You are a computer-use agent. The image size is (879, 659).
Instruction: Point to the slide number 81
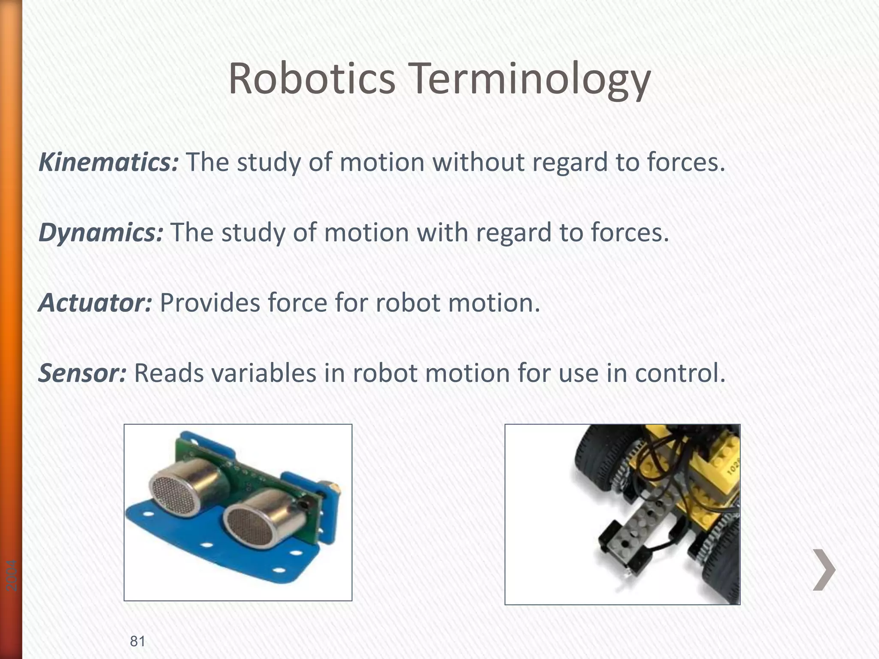pyautogui.click(x=137, y=641)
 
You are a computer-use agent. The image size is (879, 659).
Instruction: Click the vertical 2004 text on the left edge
pyautogui.click(x=12, y=575)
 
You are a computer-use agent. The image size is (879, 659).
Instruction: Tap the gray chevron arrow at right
pyautogui.click(x=824, y=569)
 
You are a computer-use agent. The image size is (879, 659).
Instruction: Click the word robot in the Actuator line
pyautogui.click(x=408, y=303)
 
